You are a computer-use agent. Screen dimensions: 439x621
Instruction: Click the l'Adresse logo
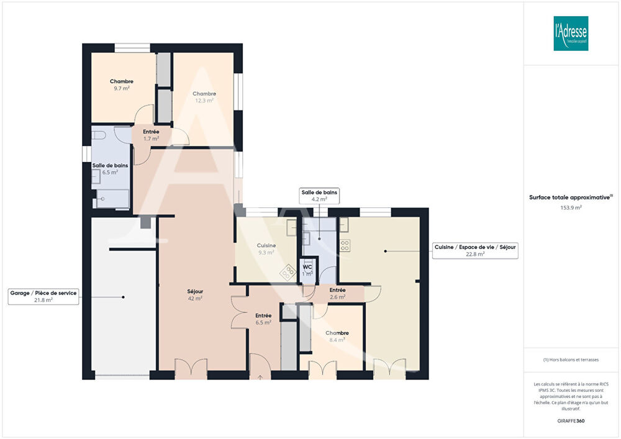click(x=571, y=34)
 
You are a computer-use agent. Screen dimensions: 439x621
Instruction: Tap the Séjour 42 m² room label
click(x=195, y=295)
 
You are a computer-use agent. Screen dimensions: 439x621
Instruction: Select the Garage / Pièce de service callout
click(x=44, y=296)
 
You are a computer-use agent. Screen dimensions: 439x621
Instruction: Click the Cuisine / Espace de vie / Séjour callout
click(x=475, y=250)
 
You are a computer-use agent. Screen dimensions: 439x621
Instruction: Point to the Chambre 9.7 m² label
click(x=122, y=85)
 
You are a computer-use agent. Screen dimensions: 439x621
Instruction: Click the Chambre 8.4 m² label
click(x=337, y=336)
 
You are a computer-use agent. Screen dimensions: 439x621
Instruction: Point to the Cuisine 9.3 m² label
click(x=266, y=249)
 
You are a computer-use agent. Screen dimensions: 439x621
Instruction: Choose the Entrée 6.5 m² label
click(x=263, y=319)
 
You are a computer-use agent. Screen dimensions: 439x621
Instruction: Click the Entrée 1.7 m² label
click(x=151, y=135)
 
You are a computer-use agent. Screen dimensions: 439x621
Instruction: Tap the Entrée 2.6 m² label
click(x=337, y=293)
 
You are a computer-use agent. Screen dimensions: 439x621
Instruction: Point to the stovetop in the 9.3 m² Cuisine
click(x=288, y=271)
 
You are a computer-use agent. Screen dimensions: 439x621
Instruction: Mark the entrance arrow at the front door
click(x=260, y=376)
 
